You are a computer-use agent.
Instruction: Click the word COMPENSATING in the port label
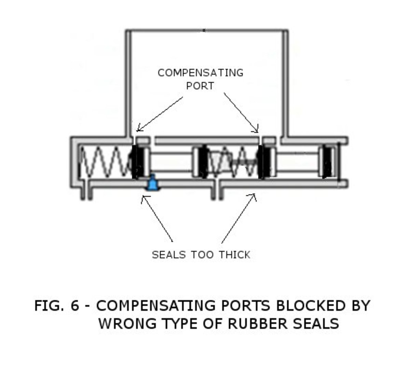coord(201,73)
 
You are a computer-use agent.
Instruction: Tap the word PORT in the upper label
coord(200,86)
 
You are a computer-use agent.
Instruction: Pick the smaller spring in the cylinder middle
coord(232,162)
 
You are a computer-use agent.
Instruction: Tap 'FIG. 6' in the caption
coord(56,305)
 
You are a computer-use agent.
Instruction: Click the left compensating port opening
coord(134,140)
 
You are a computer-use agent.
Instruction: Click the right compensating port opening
coord(262,140)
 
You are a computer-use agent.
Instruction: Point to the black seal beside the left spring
coord(138,162)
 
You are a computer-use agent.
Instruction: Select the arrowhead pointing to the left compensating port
coord(138,129)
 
